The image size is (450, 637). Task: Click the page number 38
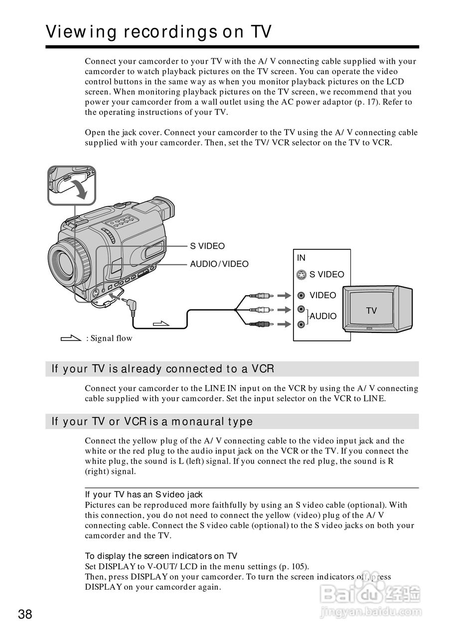tap(25, 614)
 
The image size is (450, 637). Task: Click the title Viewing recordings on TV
tap(158, 32)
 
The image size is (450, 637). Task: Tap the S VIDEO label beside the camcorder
tap(207, 246)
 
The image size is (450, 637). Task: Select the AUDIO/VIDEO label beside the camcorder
tap(219, 264)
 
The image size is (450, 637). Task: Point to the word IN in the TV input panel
tap(301, 258)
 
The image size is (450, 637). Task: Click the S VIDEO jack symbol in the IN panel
tap(301, 275)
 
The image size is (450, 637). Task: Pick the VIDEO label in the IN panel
tap(323, 296)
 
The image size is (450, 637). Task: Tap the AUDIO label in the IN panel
tap(323, 317)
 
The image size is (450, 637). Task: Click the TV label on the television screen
tap(371, 311)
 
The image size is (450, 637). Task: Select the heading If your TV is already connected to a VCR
tap(163, 369)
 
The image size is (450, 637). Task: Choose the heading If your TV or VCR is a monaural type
tap(152, 422)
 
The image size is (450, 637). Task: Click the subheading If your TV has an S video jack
tap(144, 495)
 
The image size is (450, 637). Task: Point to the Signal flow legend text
tap(109, 338)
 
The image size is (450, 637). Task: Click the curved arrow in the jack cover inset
tap(81, 189)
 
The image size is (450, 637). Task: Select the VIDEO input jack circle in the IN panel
tap(301, 296)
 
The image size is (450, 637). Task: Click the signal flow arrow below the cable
tap(161, 324)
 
